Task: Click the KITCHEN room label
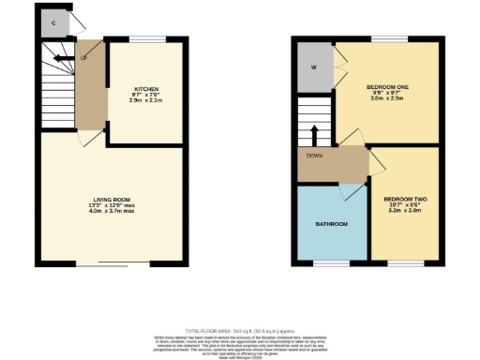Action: click(x=143, y=86)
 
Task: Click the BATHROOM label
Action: click(x=331, y=224)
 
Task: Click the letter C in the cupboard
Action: click(x=53, y=22)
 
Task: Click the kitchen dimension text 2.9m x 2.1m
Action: click(x=143, y=98)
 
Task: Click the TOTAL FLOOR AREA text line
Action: click(x=240, y=332)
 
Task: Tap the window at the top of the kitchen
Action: click(x=143, y=38)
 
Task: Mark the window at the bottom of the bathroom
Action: click(x=331, y=264)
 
